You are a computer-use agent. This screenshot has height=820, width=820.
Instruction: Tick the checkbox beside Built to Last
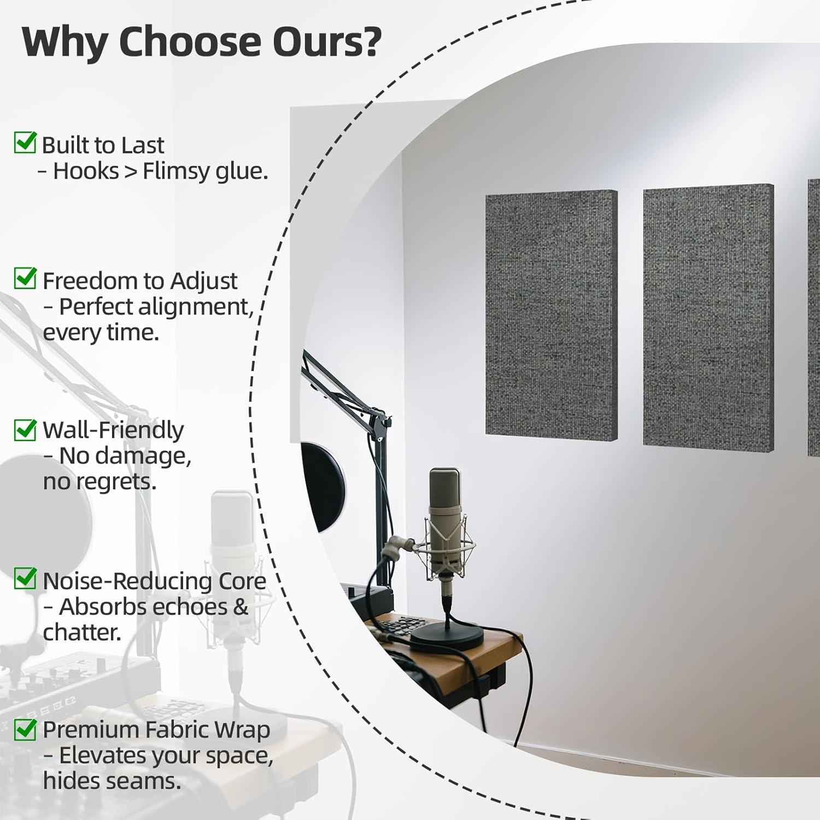tap(25, 143)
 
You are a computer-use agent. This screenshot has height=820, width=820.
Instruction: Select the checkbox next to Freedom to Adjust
tap(25, 278)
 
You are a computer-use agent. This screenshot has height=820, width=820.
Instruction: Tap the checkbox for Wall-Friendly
tap(25, 429)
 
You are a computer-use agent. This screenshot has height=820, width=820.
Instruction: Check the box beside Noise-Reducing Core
tap(25, 578)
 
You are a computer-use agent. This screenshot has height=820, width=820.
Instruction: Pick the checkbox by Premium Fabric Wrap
tap(25, 728)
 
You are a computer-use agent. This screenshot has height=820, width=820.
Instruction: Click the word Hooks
tap(86, 171)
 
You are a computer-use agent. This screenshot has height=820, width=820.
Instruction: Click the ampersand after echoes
tap(241, 607)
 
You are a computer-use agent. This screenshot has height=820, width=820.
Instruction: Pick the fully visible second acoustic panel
tap(708, 314)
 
